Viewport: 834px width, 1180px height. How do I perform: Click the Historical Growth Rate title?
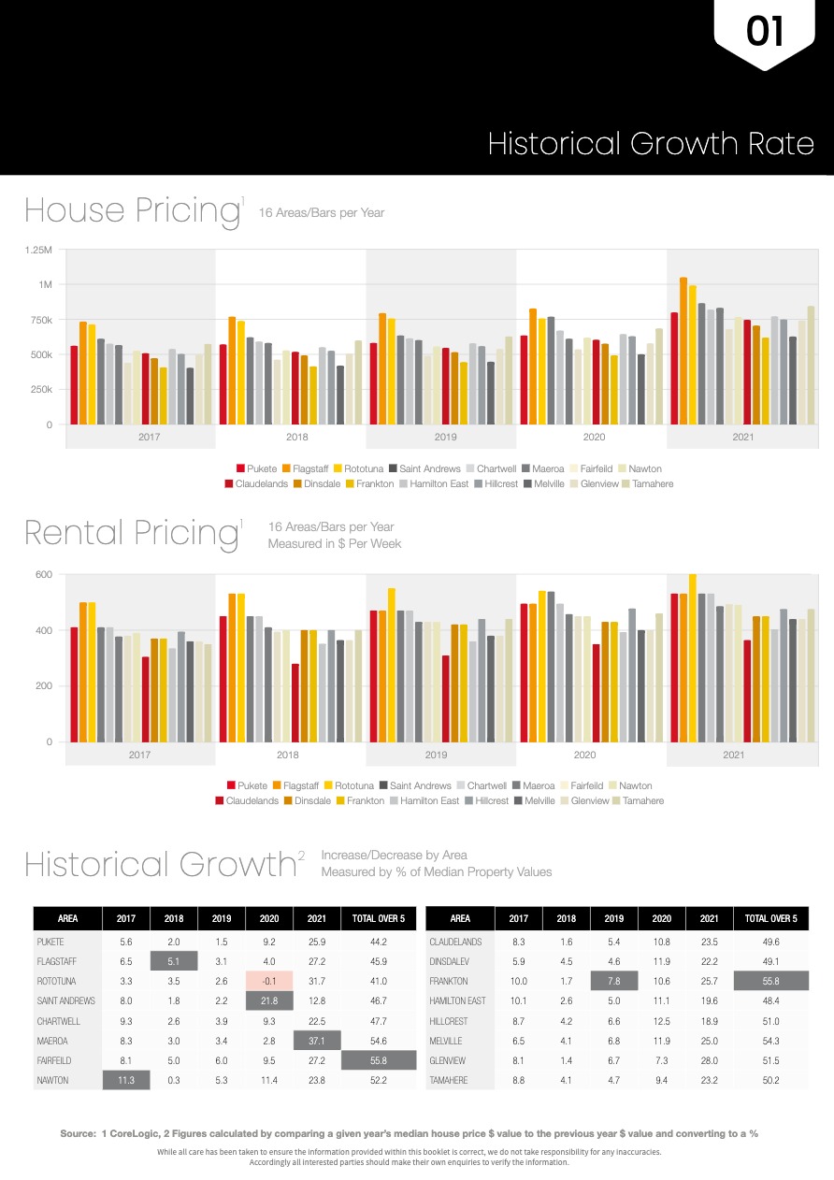[x=651, y=144]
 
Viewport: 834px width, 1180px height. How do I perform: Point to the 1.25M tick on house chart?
[x=39, y=250]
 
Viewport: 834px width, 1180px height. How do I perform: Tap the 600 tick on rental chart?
[x=43, y=574]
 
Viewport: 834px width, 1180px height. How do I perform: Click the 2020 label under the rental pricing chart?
[x=584, y=754]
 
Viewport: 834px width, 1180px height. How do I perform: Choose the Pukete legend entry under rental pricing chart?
[x=246, y=786]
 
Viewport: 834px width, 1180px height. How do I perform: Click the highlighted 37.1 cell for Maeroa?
[x=316, y=1041]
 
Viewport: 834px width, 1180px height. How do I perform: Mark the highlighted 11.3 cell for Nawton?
[x=126, y=1081]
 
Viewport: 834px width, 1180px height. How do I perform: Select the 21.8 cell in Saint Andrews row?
[x=269, y=1000]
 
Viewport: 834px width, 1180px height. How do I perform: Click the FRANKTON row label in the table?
[x=449, y=981]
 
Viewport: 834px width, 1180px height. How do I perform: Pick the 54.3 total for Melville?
[x=770, y=1041]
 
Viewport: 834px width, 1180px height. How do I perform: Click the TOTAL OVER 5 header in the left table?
[x=378, y=919]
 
